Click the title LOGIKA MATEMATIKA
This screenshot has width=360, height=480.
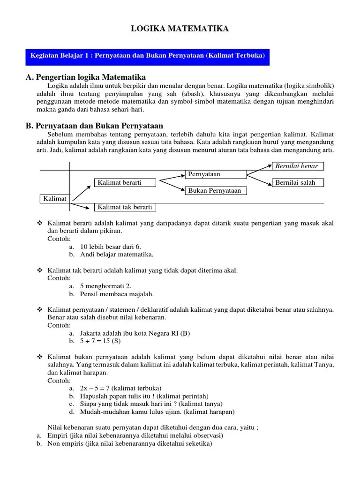tap(180, 29)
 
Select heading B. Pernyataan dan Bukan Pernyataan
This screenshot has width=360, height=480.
tap(94, 125)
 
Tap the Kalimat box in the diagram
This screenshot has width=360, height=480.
tap(55, 199)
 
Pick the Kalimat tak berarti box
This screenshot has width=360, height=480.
tap(125, 207)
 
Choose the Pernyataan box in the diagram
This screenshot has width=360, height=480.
tap(216, 174)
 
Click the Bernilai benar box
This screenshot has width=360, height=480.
tap(298, 166)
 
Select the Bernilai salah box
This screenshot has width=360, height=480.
tap(298, 182)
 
